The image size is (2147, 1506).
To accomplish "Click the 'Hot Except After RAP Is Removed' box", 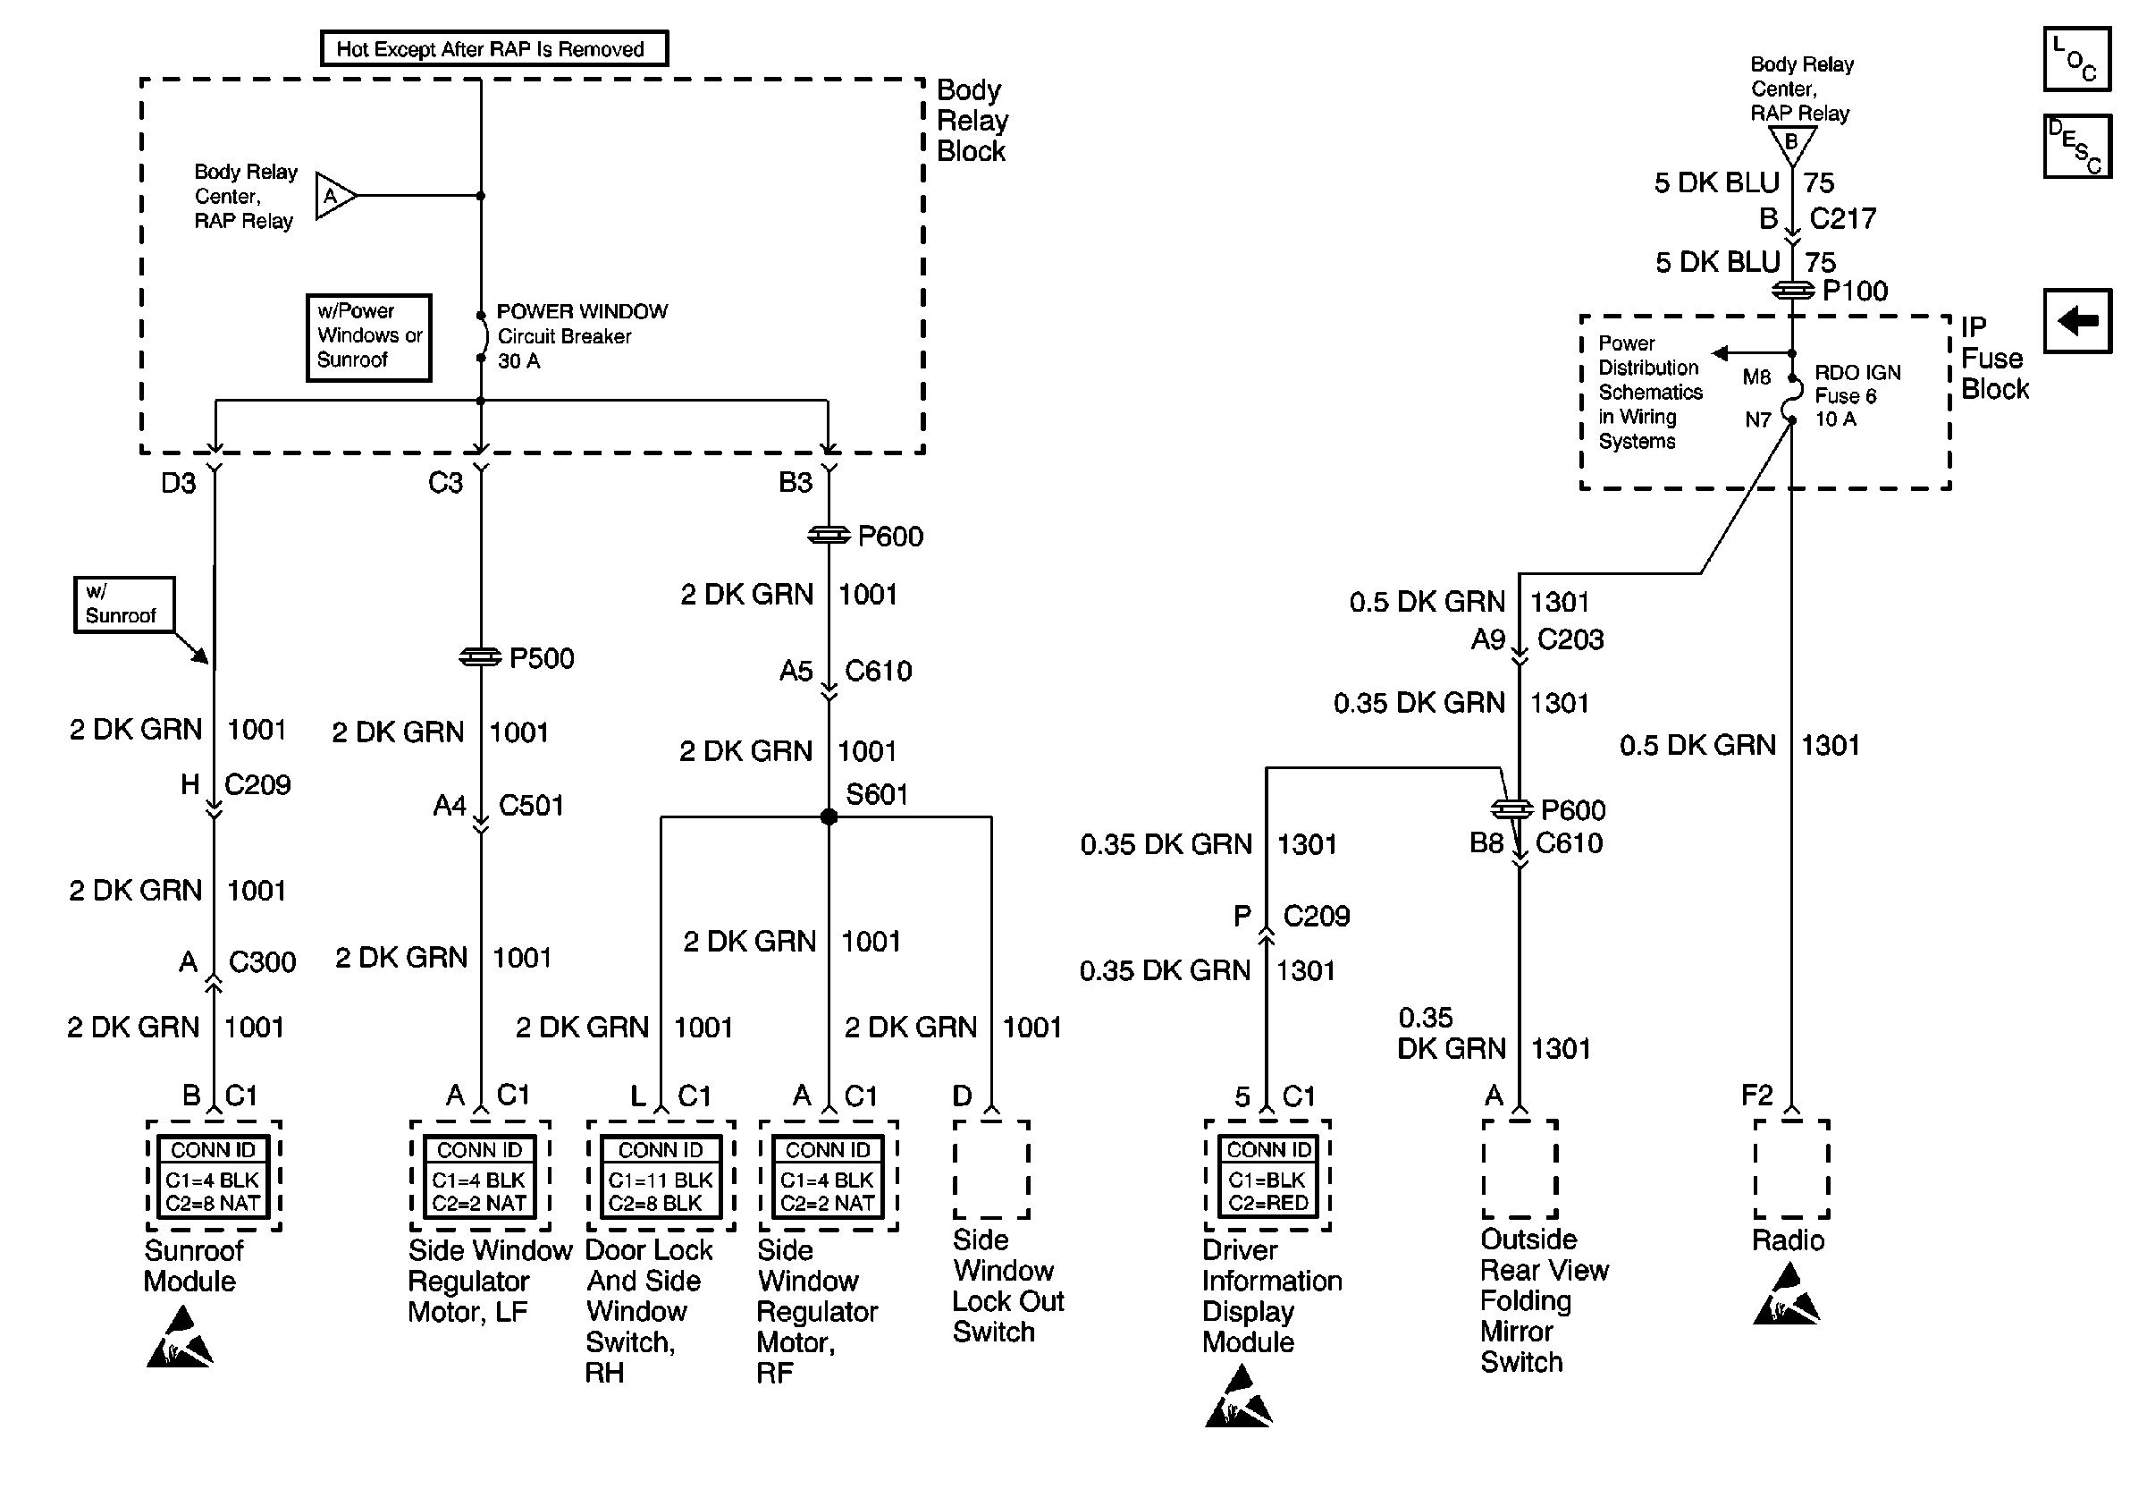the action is click(493, 48).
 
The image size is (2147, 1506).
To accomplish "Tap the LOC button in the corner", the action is click(2077, 60).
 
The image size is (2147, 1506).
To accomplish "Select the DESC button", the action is click(2077, 146).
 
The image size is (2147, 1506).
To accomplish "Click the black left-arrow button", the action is click(2077, 321).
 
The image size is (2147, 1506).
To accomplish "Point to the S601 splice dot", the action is click(829, 816).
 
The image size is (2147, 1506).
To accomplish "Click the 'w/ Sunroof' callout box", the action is click(124, 605).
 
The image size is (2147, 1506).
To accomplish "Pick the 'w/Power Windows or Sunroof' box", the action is click(369, 338).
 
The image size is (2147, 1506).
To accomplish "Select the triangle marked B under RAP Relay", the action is click(1791, 145).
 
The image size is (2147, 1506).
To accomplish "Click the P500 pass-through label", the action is click(542, 658).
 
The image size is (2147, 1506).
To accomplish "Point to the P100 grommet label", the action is click(1855, 291).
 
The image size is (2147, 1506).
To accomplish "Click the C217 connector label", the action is click(1842, 219).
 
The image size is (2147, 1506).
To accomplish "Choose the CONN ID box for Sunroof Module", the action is click(214, 1176).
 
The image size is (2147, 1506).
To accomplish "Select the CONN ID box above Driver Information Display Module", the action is click(1268, 1176).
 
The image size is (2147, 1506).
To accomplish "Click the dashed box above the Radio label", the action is click(1791, 1168).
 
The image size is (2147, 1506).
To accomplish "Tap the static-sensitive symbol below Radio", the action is click(1787, 1295).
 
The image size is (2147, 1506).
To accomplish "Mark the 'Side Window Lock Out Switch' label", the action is click(1008, 1285).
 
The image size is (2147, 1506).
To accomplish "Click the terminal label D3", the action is click(178, 483).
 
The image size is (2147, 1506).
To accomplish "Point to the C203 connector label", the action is click(1570, 639).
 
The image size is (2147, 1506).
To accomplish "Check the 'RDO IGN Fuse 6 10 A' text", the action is click(1857, 395).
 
